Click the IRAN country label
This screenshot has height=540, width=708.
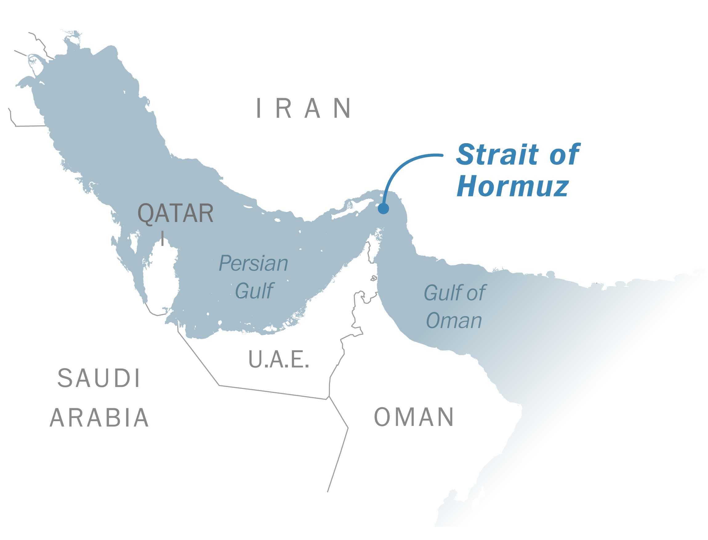(x=304, y=108)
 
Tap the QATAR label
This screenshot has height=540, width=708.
(x=175, y=213)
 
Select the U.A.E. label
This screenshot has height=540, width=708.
(x=279, y=359)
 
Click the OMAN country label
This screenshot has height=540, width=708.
(x=414, y=417)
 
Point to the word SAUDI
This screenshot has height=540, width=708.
(x=99, y=378)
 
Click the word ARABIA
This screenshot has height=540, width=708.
(x=99, y=418)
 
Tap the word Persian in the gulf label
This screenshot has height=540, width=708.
(x=253, y=263)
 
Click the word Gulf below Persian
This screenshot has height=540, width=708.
(x=254, y=291)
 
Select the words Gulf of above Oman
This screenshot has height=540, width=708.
(x=454, y=293)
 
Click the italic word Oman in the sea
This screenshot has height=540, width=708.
(x=453, y=321)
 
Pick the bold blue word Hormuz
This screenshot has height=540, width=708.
(x=513, y=186)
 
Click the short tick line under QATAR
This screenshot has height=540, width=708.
(x=163, y=238)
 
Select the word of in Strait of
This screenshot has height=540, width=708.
(x=565, y=155)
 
